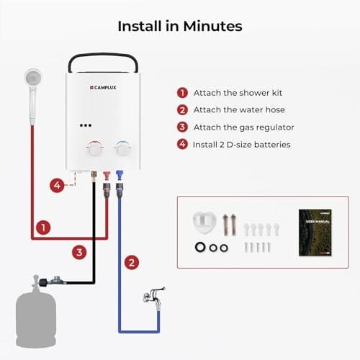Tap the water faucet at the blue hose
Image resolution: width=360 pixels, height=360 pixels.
[153, 296]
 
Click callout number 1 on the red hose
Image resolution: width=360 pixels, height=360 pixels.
[44, 228]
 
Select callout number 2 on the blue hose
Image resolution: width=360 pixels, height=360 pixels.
[130, 262]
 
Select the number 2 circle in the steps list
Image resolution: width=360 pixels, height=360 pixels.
[182, 110]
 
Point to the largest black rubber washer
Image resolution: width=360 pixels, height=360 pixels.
[198, 248]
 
